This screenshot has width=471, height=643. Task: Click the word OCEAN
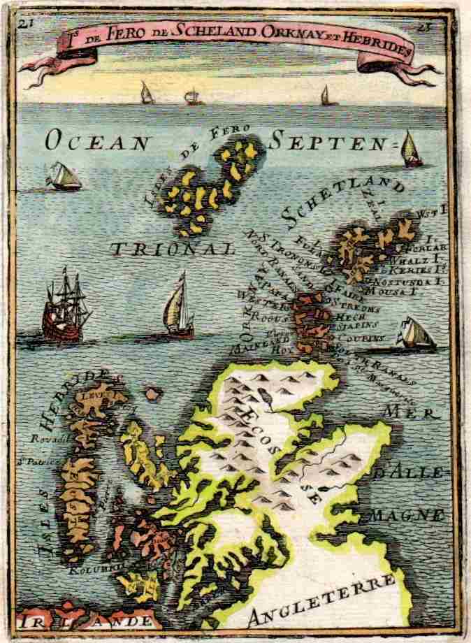pyautogui.click(x=97, y=143)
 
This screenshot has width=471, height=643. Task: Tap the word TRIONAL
pyautogui.click(x=172, y=247)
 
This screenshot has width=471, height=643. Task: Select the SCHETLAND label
pyautogui.click(x=345, y=201)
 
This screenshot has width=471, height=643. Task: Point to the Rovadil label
pyautogui.click(x=46, y=439)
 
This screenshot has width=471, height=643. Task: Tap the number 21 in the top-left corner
pyautogui.click(x=26, y=22)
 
